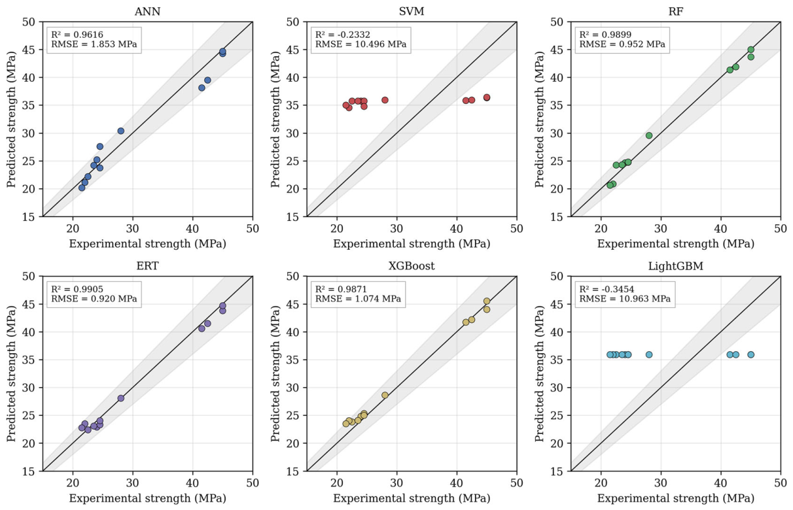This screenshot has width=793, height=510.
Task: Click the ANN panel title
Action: point(148,12)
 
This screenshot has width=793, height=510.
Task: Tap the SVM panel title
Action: point(412,12)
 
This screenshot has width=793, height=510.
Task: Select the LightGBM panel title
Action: point(675,266)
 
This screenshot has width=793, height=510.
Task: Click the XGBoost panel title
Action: point(412,266)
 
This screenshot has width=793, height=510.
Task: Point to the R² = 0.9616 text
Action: point(77,35)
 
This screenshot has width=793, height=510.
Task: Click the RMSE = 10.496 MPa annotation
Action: point(361,44)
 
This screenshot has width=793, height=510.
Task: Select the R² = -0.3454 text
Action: point(607,289)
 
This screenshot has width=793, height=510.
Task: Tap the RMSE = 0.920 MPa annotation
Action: point(94,299)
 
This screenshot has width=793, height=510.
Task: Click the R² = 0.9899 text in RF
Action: point(605,35)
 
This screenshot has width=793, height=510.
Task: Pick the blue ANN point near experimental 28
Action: point(121,131)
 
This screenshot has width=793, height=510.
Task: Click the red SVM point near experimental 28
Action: point(385,100)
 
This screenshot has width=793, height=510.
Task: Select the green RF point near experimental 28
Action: point(649,135)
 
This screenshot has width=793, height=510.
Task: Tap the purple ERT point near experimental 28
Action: point(121,398)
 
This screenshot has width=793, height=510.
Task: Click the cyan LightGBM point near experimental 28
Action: point(649,355)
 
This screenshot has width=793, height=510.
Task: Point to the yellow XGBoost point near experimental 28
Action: point(385,396)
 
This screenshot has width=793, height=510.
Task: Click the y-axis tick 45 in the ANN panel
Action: point(29,50)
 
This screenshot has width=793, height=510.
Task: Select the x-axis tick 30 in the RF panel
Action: point(661,228)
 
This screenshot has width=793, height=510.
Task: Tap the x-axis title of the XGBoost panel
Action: point(412,499)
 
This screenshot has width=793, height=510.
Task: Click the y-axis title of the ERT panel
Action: point(11,373)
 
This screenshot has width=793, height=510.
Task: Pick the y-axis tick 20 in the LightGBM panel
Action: point(557,443)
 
